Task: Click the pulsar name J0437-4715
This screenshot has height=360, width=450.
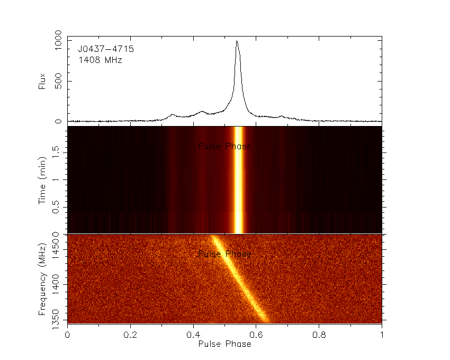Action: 106,49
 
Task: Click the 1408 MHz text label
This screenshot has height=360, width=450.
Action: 100,60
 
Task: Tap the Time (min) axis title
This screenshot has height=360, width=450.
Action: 42,180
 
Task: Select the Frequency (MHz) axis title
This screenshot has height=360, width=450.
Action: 42,278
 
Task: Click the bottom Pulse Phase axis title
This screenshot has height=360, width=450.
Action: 224,344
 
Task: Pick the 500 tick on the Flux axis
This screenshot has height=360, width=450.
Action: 58,81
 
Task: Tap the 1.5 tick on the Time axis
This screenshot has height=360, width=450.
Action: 58,154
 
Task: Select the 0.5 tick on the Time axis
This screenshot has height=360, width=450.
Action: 58,207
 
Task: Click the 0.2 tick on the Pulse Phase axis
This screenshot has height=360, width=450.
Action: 130,335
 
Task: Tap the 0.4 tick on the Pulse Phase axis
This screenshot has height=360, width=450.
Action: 193,335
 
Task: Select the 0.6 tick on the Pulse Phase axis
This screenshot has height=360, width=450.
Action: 256,335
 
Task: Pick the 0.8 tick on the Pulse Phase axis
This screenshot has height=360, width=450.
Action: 319,335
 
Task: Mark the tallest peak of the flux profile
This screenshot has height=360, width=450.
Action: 237,41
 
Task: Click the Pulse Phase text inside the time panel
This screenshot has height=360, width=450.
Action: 224,146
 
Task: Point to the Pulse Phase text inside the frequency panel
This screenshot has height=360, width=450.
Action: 224,254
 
